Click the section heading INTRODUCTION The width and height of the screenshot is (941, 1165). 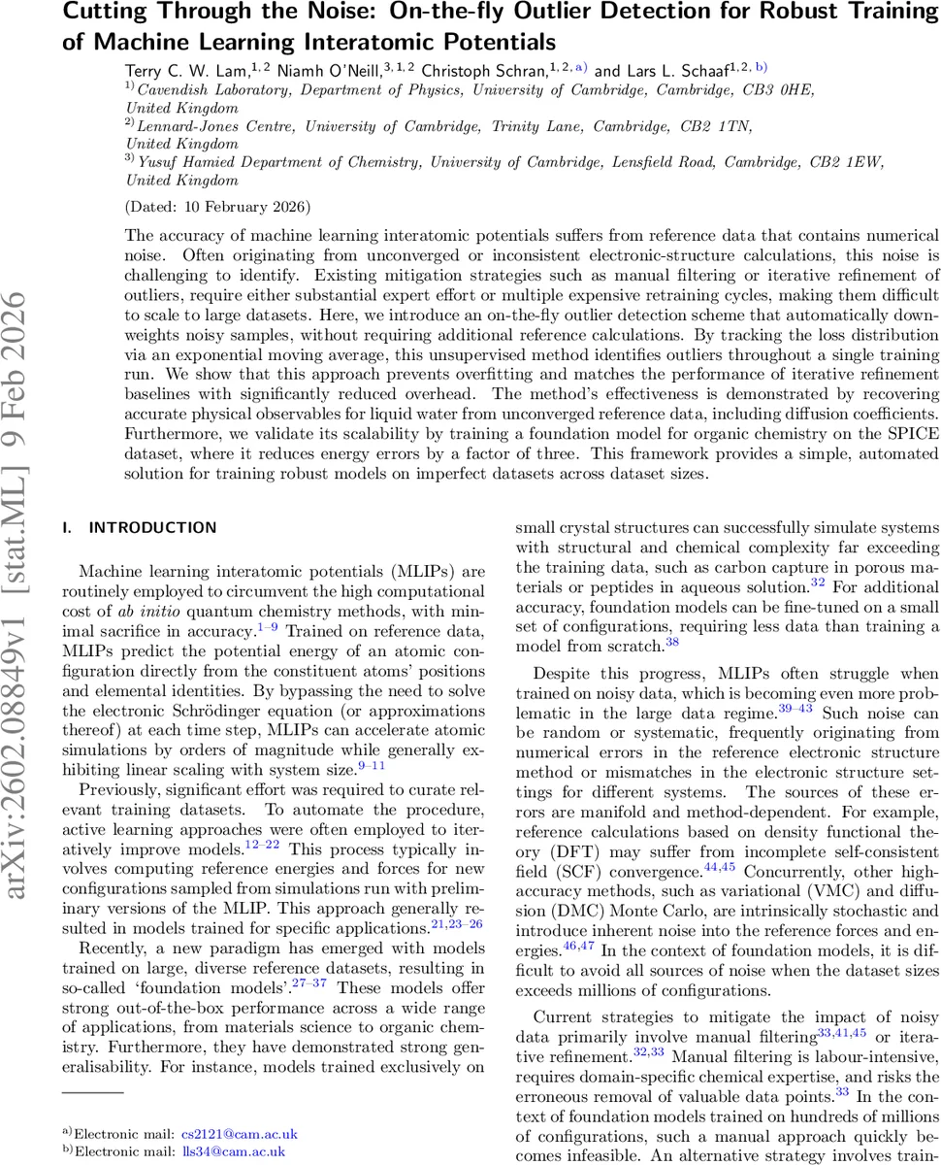coord(152,528)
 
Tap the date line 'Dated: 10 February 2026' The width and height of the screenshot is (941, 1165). coord(218,207)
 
